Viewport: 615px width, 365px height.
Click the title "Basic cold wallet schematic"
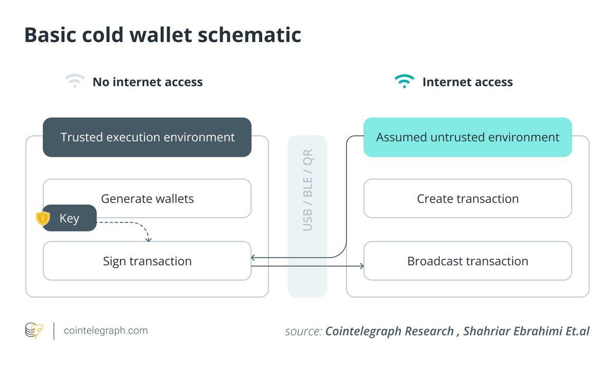coord(162,34)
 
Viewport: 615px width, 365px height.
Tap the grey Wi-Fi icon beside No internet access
coord(75,82)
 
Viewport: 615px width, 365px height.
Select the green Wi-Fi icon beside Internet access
coord(404,82)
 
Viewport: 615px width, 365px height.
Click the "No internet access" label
coord(148,82)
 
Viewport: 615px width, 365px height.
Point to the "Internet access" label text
coord(467,82)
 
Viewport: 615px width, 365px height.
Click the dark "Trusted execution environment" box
coord(147,137)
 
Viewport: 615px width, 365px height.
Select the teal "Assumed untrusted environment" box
coord(467,137)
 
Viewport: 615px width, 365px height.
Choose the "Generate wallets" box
coord(147,198)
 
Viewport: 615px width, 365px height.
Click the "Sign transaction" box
coord(147,261)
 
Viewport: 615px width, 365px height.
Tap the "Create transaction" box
coord(467,198)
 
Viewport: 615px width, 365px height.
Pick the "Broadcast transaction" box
coord(467,261)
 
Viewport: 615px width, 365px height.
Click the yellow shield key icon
coord(43,218)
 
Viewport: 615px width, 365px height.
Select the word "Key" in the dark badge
coord(69,218)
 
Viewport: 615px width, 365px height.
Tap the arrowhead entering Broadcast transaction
coord(361,266)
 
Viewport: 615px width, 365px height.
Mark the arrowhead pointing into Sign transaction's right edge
coord(254,257)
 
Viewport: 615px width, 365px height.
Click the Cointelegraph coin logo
coord(34,331)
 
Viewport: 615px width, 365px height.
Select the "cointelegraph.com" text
coord(106,331)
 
